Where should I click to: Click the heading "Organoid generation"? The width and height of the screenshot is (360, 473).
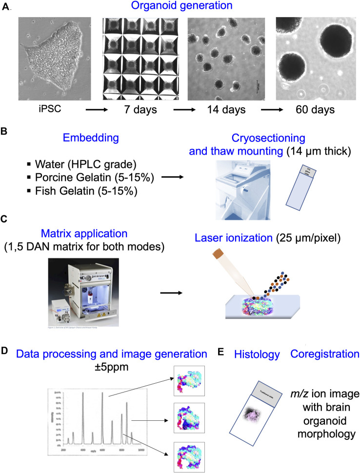[x=180, y=7]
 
